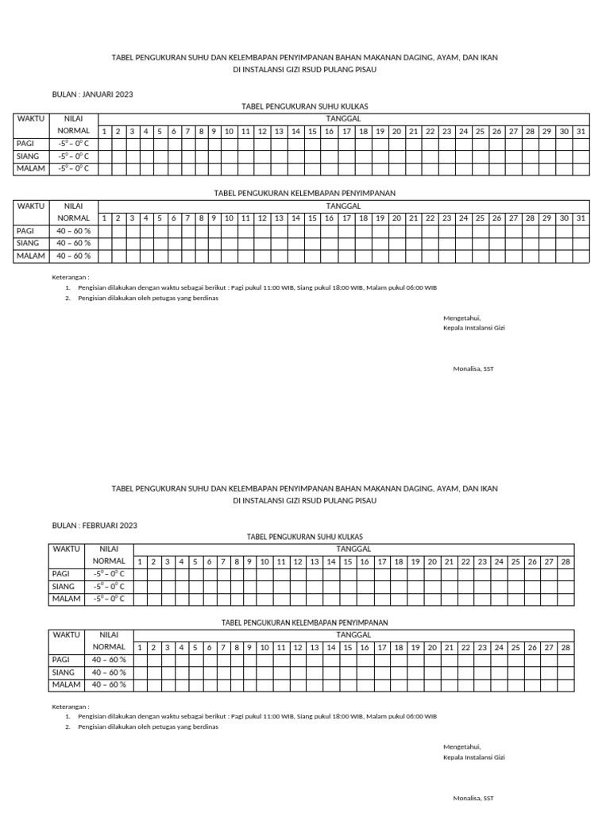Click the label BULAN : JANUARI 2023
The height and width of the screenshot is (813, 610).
[x=92, y=94]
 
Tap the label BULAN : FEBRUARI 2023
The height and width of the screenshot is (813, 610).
[x=95, y=525]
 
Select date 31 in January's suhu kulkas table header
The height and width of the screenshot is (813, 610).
[x=581, y=131]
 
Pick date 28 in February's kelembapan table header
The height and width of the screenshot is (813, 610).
[x=566, y=647]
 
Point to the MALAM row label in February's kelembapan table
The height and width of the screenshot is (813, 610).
[x=67, y=684]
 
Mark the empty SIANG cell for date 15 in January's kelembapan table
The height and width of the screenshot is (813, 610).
[x=312, y=243]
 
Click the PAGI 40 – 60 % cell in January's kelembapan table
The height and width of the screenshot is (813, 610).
[x=73, y=230]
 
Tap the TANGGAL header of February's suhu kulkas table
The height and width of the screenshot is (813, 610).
[x=354, y=549]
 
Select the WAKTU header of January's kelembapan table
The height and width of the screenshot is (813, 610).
[x=31, y=206]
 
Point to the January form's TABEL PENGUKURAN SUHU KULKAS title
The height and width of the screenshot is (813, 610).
[x=304, y=106]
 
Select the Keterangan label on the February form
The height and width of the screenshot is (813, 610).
[x=71, y=706]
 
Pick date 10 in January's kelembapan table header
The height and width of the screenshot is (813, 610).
[x=229, y=218]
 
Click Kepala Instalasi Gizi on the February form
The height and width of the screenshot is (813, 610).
[x=474, y=757]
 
